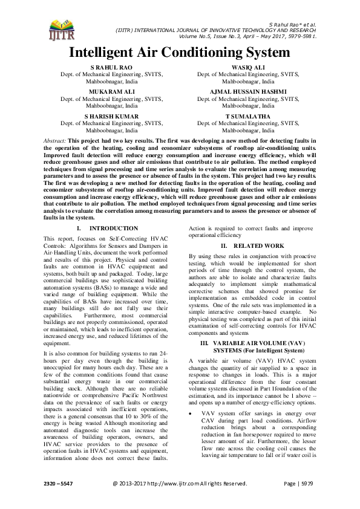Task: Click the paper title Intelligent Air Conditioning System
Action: pos(180,53)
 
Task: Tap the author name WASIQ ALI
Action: pos(247,67)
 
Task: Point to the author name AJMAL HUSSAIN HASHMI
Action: pos(247,91)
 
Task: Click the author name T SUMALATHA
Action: pos(247,115)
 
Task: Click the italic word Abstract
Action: pos(55,140)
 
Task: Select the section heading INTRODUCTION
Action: pos(113,229)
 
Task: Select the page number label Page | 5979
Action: pos(296,500)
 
